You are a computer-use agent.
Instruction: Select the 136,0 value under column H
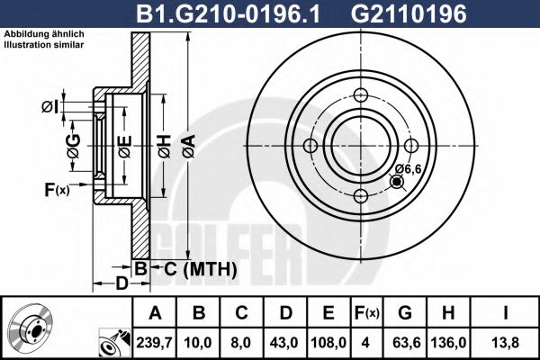[x=455, y=343]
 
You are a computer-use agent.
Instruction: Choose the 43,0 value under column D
[x=284, y=343]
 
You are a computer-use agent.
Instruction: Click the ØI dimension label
[x=50, y=109]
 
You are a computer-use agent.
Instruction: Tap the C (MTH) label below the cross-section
[x=200, y=269]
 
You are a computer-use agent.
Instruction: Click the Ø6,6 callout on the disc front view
[x=409, y=168]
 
